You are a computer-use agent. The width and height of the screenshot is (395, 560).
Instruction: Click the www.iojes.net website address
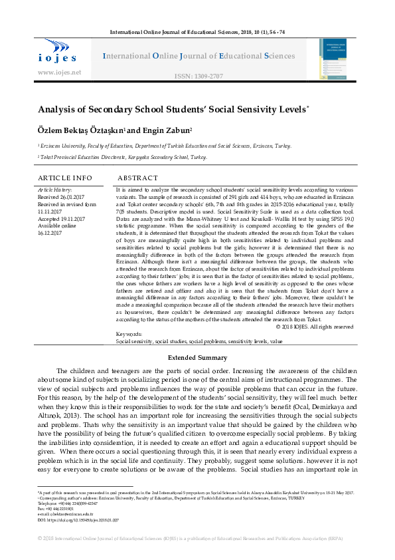point(60,72)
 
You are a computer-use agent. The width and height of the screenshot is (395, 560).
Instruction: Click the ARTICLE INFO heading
point(65,178)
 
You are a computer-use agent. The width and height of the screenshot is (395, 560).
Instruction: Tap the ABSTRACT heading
point(137,178)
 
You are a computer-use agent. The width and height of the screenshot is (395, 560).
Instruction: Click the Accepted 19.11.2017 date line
point(62,219)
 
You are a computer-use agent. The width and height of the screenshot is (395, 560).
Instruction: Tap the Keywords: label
point(129,334)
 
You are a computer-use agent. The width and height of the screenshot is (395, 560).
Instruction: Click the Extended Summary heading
point(197,357)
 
